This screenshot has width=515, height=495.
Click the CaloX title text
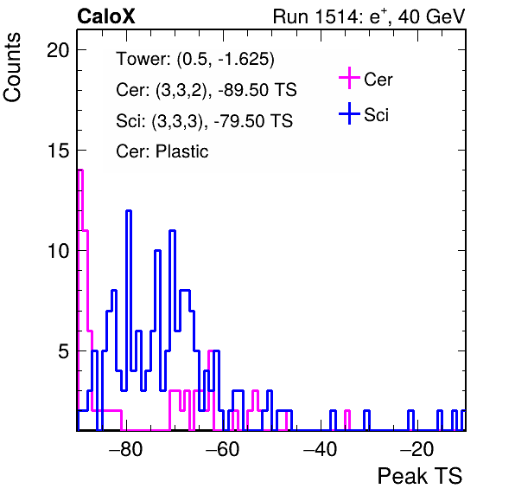click(106, 16)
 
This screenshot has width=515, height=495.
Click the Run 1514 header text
click(369, 16)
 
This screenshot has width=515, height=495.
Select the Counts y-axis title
click(12, 67)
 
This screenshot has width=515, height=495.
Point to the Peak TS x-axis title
click(420, 476)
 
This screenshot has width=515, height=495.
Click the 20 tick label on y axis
click(58, 50)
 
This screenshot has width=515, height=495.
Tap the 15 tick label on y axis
click(58, 151)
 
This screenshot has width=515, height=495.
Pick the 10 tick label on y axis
click(58, 251)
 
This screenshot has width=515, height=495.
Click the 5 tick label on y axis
click(64, 351)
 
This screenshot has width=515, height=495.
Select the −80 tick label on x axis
click(126, 449)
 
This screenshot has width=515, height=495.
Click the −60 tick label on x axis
click(223, 449)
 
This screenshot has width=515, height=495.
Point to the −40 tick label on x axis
click(320, 449)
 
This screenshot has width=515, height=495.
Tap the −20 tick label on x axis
click(416, 449)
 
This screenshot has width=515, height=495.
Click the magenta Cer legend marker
click(349, 78)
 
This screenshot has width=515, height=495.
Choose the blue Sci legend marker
click(349, 114)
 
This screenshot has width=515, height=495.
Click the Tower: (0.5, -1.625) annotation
click(195, 59)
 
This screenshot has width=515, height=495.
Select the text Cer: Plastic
click(162, 151)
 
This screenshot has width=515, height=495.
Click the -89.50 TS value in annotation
click(257, 90)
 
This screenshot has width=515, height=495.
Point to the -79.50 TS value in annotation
click(253, 121)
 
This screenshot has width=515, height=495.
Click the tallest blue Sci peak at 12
click(129, 210)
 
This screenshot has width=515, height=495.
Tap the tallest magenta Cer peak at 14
click(80, 170)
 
